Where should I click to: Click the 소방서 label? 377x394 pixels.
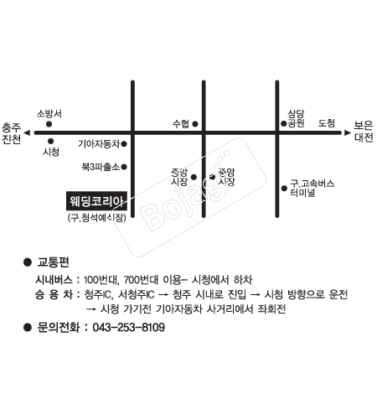(x=49, y=114)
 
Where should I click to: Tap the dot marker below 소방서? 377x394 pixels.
(x=49, y=124)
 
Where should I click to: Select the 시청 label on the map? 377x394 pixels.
(x=51, y=152)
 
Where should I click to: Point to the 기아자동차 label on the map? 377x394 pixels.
(x=99, y=144)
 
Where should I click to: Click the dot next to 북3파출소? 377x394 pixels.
(x=124, y=167)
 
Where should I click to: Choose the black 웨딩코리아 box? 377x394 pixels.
(x=96, y=200)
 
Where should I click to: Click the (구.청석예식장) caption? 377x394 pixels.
(x=97, y=217)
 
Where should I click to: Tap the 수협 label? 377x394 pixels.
(x=181, y=123)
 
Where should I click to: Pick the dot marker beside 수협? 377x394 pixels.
(x=195, y=124)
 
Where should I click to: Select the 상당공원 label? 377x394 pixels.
(x=296, y=118)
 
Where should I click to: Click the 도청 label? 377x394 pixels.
(x=327, y=123)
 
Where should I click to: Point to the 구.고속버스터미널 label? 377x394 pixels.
(x=312, y=188)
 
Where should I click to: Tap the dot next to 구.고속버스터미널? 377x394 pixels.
(x=284, y=189)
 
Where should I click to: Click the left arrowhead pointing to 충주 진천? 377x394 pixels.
(x=27, y=132)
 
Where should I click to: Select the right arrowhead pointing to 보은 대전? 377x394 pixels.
(x=348, y=132)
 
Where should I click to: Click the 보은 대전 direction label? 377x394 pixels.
(x=364, y=132)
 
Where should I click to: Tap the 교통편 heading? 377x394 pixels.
(x=53, y=262)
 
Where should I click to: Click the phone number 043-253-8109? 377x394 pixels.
(x=128, y=327)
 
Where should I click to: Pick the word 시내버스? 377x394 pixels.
(x=54, y=279)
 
